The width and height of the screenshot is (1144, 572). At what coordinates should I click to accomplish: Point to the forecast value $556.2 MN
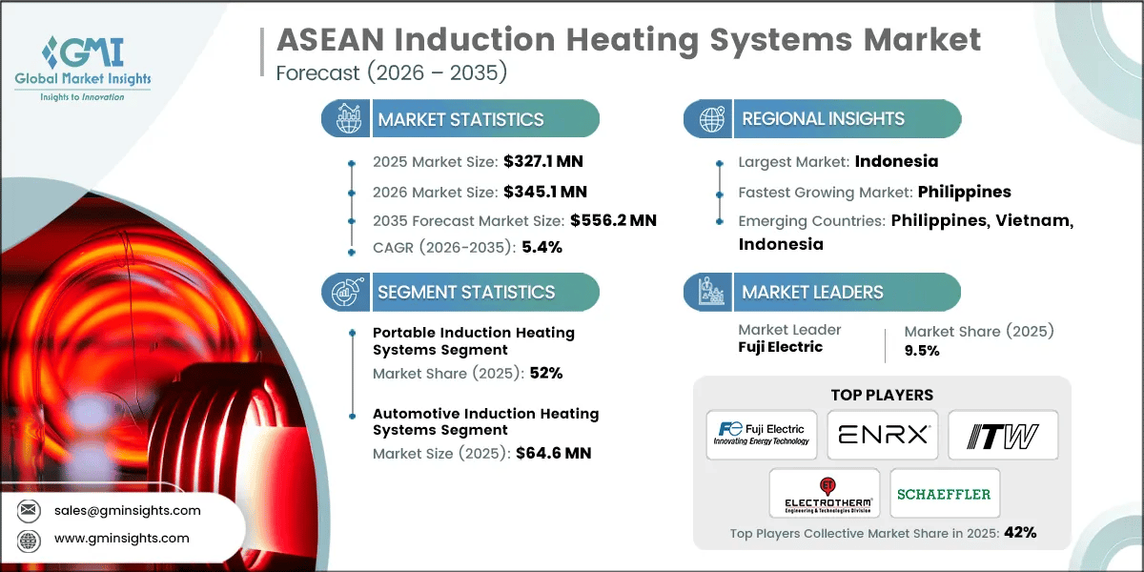coord(613,220)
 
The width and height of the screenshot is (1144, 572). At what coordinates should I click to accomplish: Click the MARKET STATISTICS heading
coord(460,119)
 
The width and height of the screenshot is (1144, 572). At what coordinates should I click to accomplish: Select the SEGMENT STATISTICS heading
coord(465,292)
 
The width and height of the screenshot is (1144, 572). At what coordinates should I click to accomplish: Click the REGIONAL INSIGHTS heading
coord(823,119)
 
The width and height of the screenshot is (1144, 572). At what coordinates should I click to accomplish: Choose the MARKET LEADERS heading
coord(812,292)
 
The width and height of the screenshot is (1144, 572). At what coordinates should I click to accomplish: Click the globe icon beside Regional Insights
coord(711,119)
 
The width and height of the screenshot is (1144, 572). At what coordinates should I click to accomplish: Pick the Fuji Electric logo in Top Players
coord(762,435)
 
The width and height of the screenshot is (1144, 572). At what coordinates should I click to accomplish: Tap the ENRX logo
coord(882,435)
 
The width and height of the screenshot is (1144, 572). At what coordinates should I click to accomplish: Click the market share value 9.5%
coord(922,350)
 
